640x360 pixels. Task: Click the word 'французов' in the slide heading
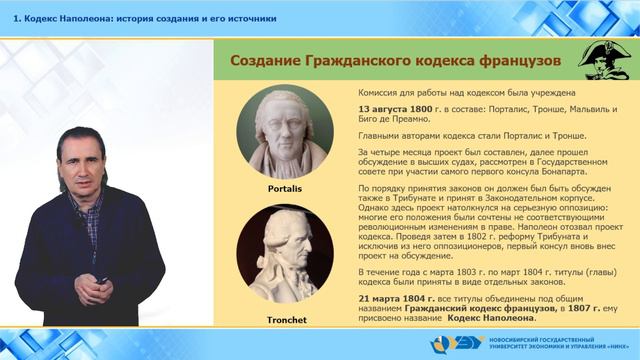coord(524,61)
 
